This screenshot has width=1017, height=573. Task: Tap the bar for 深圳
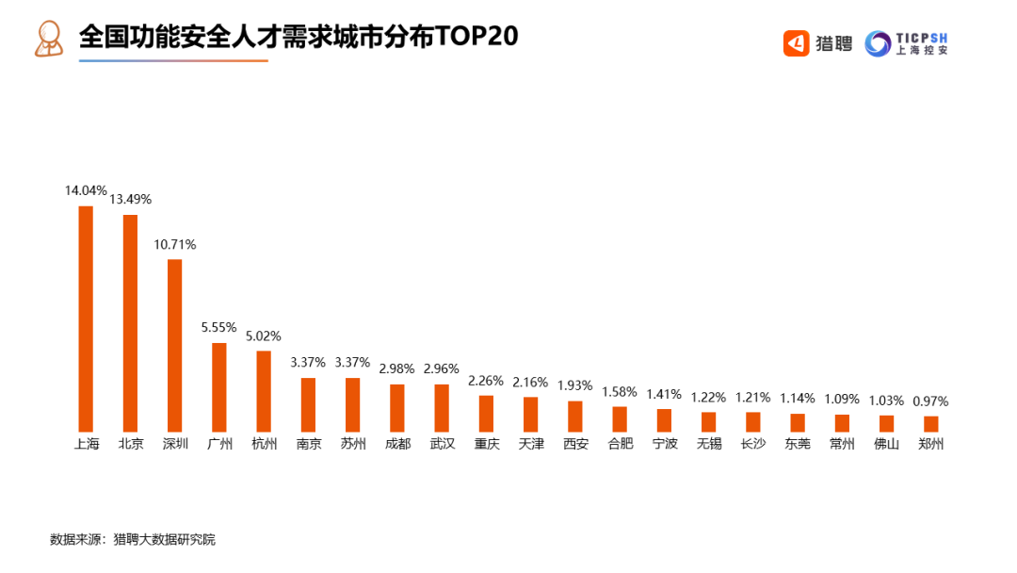(174, 345)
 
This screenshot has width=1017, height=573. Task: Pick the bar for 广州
(219, 387)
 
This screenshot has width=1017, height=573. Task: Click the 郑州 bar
(931, 424)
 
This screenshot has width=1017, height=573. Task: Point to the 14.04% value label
(86, 190)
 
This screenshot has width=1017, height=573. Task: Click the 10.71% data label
(175, 244)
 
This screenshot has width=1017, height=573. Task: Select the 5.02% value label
(264, 336)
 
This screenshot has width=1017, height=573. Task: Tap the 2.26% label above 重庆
(486, 381)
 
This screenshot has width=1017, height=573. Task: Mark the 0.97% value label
(931, 401)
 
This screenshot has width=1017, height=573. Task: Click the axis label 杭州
(264, 443)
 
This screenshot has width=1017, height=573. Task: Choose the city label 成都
(397, 443)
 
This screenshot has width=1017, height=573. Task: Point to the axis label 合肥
(620, 443)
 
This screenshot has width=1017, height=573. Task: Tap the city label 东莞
(798, 443)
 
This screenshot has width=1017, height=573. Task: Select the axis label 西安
(575, 443)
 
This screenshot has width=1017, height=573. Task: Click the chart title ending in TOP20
(299, 38)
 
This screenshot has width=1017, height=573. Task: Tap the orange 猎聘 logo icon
(797, 43)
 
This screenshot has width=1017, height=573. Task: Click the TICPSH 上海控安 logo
(906, 43)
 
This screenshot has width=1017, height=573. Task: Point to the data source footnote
(133, 540)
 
